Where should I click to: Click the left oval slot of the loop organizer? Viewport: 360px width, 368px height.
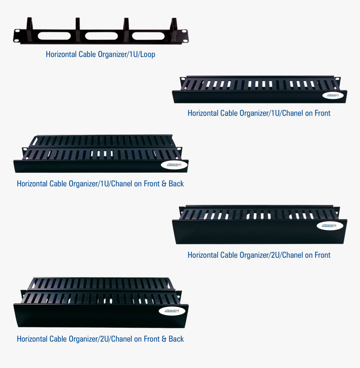[x=54, y=36]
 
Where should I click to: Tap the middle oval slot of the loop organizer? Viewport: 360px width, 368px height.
[x=101, y=36]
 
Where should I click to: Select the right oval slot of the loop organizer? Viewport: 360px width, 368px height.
[x=148, y=36]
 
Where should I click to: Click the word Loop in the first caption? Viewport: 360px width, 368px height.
[x=148, y=54]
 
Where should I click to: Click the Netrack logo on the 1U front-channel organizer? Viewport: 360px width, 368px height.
[x=333, y=95]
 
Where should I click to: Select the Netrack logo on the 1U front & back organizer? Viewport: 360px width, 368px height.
[x=174, y=165]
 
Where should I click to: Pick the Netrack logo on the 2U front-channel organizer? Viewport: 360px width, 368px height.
[x=330, y=226]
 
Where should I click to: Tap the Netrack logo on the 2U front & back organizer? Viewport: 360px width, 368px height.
[x=172, y=311]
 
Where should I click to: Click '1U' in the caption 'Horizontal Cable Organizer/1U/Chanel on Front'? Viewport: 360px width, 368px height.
[x=275, y=113]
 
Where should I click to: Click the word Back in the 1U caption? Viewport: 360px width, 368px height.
[x=176, y=184]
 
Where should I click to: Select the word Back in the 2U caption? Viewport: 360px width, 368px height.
[x=176, y=339]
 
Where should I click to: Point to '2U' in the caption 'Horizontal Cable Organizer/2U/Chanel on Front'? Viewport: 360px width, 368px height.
[x=275, y=255]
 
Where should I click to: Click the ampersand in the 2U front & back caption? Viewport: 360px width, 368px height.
[x=164, y=339]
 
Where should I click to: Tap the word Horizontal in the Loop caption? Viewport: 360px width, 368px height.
[x=61, y=54]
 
